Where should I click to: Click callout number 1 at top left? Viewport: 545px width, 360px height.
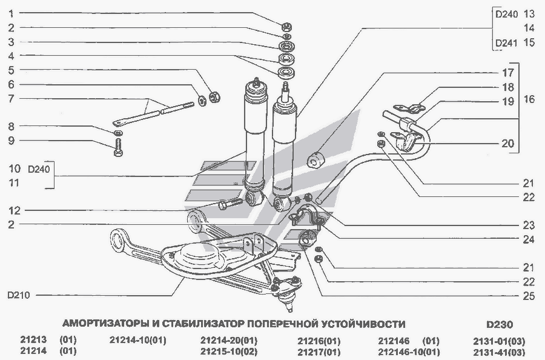click(x=10, y=13)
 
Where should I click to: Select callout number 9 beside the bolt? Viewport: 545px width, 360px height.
click(x=10, y=141)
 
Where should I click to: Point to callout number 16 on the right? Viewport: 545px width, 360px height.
click(x=529, y=99)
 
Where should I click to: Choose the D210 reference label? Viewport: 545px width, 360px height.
click(x=19, y=296)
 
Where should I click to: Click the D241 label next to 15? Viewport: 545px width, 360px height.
click(x=506, y=44)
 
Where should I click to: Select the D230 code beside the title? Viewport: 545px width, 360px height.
click(x=499, y=324)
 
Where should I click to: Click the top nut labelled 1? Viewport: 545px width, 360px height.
click(x=286, y=26)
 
